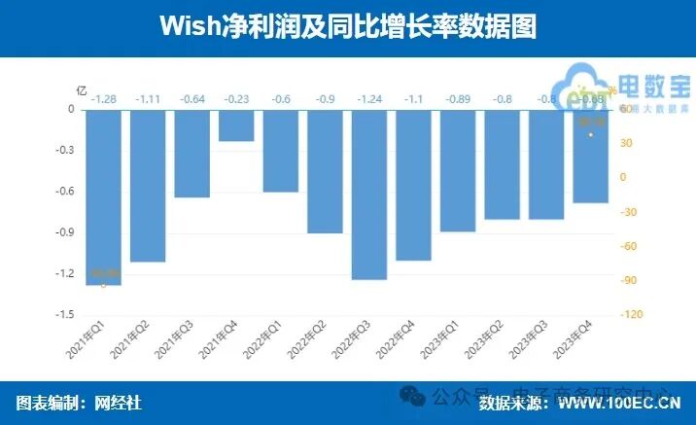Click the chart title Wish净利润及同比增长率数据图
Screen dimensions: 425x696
coord(348,26)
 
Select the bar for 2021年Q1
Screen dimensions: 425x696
coord(104,197)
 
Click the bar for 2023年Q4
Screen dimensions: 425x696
coord(590,157)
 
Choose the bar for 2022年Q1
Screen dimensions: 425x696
coord(281,151)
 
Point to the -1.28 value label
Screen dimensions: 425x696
coord(104,99)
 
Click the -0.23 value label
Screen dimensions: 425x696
coord(236,99)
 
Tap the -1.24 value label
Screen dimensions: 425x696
coord(369,99)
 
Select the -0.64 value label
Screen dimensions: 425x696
coord(192,99)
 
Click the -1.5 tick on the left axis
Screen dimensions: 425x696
coord(63,315)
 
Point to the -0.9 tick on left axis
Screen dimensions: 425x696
coord(63,232)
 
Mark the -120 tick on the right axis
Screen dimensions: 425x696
coord(633,315)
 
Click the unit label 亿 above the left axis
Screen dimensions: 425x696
coord(82,89)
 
